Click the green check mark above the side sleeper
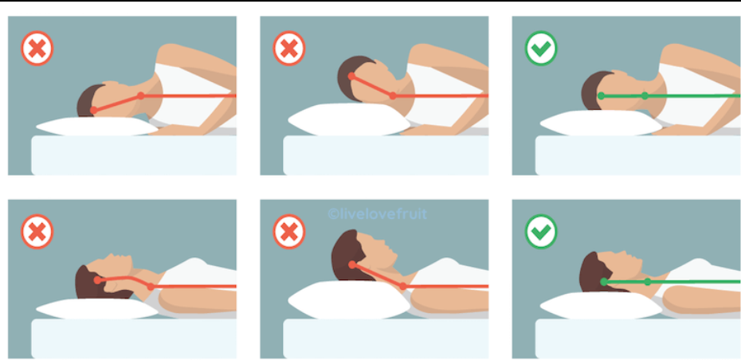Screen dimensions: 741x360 pos(541,49)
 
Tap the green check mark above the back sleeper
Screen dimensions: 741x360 pos(541,232)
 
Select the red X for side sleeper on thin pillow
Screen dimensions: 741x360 pos(37,49)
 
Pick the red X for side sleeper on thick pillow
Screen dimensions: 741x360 pos(289,49)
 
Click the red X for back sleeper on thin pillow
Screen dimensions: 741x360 pos(37,232)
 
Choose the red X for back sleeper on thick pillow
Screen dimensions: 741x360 pos(289,232)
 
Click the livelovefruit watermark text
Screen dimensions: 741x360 pos(377,214)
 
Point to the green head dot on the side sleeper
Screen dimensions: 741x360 pos(601,96)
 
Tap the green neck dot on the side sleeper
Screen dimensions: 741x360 pos(645,96)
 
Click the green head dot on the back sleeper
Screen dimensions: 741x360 pos(604,282)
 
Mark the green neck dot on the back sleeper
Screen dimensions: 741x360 pos(648,282)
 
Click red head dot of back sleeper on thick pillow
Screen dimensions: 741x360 pos(352,265)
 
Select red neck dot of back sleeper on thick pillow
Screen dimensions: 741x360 pos(402,286)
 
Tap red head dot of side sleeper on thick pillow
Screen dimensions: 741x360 pos(351,76)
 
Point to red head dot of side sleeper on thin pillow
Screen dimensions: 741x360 pos(93,111)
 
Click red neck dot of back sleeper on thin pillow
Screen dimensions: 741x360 pos(151,286)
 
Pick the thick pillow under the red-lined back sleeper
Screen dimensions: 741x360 pos(349,299)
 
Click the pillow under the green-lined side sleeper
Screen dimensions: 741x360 pos(601,123)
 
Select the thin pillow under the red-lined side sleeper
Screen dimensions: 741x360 pos(97,127)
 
